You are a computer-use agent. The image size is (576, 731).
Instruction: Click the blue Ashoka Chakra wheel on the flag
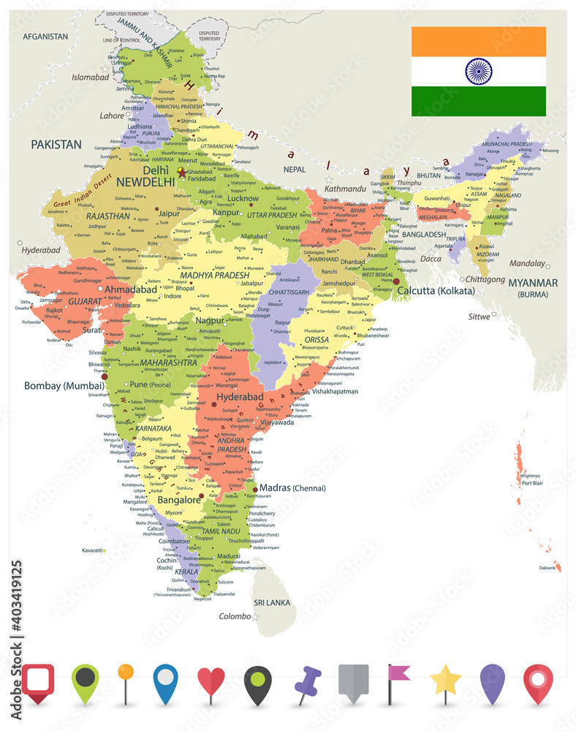tap(479, 72)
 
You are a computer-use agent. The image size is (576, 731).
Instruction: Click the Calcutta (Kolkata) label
tap(436, 291)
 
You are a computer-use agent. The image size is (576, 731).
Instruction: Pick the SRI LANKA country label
tap(272, 602)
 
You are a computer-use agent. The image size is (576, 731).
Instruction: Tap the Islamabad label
tap(91, 76)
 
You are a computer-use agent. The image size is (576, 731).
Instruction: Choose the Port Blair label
tap(531, 483)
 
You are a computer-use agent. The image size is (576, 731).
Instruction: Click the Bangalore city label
tap(179, 501)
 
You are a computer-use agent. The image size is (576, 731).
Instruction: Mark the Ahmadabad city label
tap(131, 289)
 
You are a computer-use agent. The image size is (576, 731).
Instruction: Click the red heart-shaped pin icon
tap(211, 683)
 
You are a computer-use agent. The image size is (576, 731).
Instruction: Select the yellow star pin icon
tap(445, 681)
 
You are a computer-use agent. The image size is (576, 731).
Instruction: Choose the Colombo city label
tap(234, 616)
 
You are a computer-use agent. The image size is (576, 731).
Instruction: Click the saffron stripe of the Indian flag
tap(479, 42)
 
